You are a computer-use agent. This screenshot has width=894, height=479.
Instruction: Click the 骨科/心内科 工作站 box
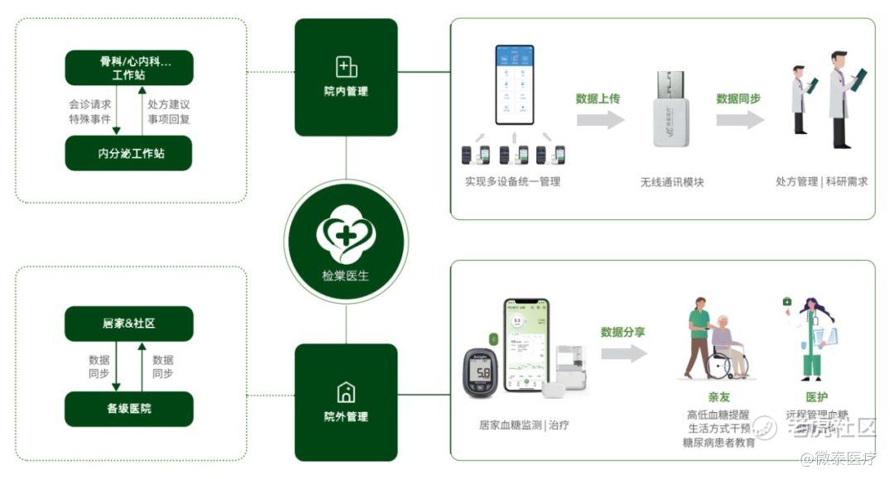129,68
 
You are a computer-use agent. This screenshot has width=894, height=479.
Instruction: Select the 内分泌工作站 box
129,153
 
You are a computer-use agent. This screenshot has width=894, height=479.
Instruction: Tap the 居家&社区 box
129,323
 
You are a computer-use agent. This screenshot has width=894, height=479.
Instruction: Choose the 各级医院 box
129,409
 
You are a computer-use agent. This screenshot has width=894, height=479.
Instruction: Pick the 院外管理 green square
346,402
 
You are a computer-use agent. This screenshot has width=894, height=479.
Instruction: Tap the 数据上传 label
598,98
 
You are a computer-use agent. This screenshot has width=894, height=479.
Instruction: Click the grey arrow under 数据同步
739,121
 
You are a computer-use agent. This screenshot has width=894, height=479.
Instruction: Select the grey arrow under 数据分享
623,354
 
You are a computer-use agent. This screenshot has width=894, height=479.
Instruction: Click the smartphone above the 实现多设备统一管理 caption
515,84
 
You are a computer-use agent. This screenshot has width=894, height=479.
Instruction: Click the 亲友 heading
719,397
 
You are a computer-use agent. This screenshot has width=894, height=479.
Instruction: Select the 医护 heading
816,397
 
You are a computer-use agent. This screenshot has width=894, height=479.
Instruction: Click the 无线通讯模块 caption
672,182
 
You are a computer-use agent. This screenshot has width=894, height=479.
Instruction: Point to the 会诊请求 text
90,105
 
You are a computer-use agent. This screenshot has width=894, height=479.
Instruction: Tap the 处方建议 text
169,105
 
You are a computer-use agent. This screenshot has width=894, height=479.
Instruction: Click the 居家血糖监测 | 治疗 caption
524,425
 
